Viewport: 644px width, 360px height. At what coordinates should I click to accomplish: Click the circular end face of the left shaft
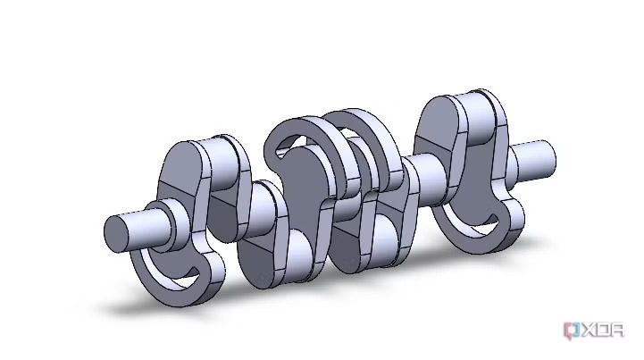coord(117,233)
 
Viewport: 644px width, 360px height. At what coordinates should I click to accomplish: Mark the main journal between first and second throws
coord(262,209)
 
